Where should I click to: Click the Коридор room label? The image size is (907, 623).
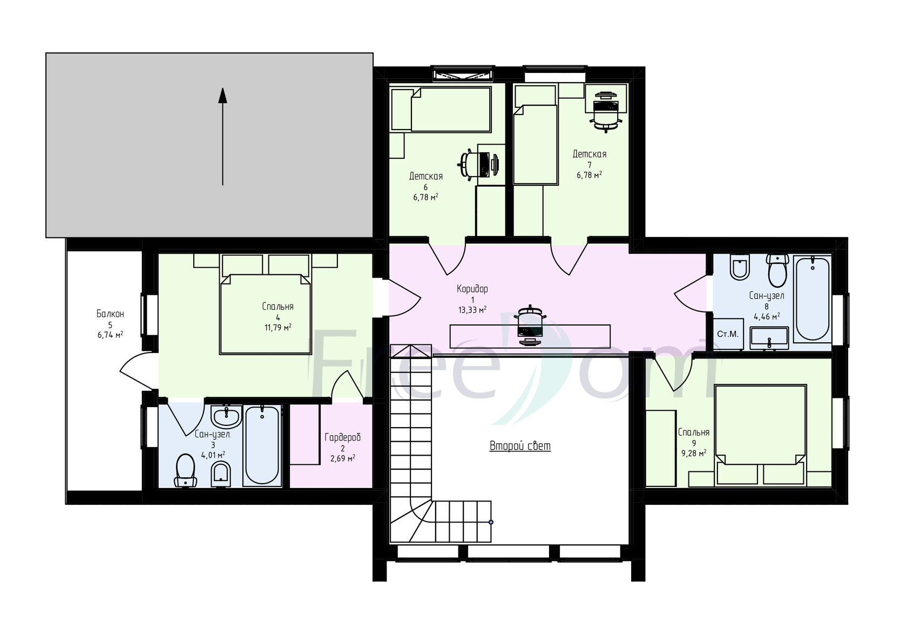pos(472,289)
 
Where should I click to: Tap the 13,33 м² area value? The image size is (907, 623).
pos(472,310)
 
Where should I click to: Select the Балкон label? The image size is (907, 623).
pos(110,314)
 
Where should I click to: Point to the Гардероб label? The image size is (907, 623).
pos(342,437)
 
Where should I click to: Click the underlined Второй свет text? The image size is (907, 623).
pos(520,446)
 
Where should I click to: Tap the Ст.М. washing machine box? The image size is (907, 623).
pos(728,334)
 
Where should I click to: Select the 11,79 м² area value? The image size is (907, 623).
pos(277,328)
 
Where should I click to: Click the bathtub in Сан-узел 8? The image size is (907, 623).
pos(813,299)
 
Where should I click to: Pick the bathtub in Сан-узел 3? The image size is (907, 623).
pos(262,445)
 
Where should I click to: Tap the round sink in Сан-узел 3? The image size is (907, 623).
pos(226,416)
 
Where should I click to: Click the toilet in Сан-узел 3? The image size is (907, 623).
pos(186,470)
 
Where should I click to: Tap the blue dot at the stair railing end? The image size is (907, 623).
pos(491,522)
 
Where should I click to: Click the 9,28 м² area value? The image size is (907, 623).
pos(694,453)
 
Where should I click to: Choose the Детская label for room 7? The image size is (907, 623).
pos(589,154)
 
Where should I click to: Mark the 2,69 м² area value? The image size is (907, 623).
pos(342,459)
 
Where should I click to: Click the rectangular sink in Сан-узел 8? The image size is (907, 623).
pos(769,338)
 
